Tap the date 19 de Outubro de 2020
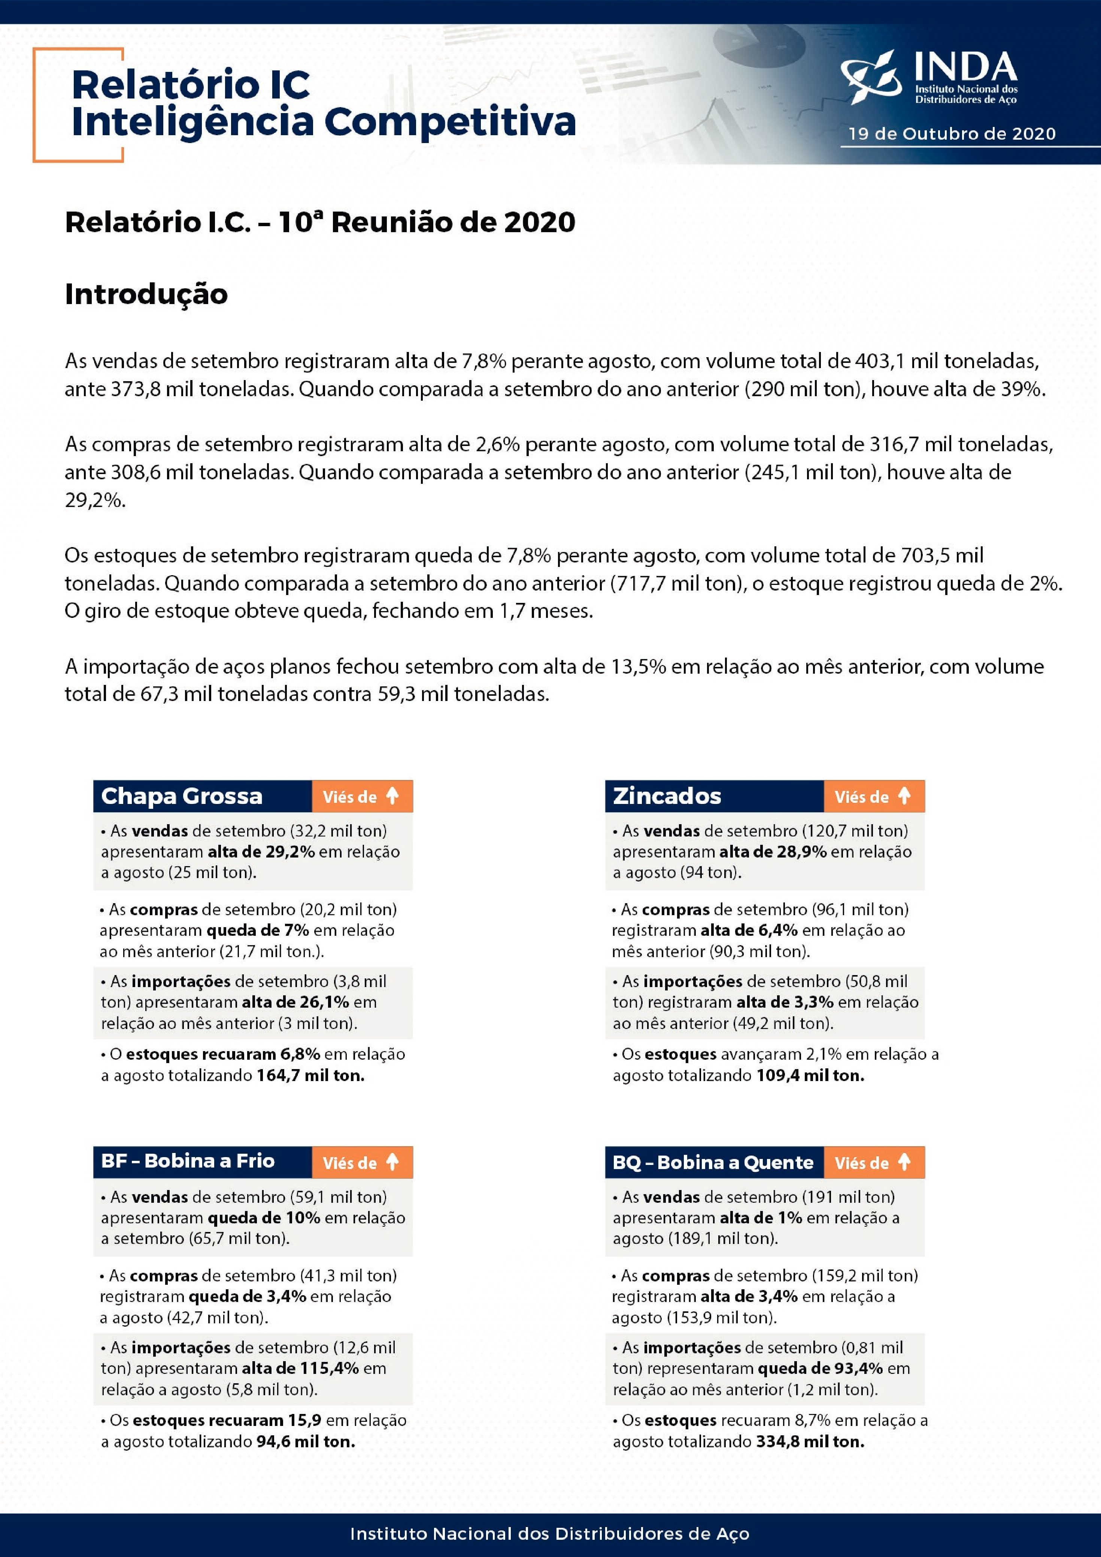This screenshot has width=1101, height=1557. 952,134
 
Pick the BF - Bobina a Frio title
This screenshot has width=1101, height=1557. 188,1161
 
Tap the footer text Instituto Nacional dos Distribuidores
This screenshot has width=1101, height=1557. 549,1534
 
